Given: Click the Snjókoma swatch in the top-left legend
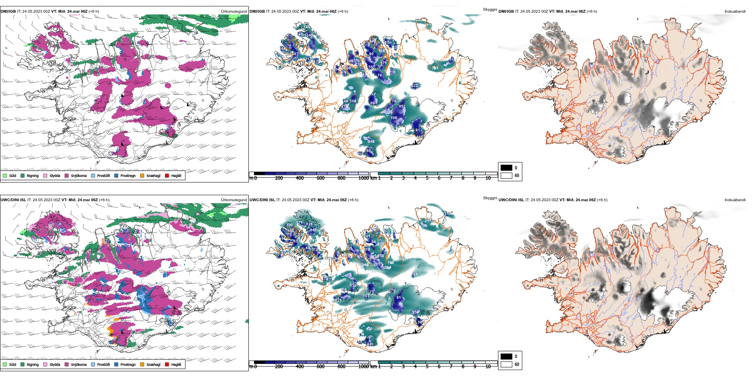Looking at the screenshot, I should pos(67,175).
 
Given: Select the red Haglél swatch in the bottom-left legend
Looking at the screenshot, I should pos(167,364).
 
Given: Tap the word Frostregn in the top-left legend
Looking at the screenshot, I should pos(128,176).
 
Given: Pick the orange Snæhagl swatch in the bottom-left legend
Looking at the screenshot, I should pos(142,364).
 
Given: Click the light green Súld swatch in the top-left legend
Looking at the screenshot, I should pos(5,175).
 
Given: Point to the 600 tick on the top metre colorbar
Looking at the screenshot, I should pos(321,178).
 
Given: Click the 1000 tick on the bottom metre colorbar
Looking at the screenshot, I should pos(364,367).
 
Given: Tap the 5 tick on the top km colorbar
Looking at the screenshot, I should pos(427,178).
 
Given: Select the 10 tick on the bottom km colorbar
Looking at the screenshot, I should pos(488,367).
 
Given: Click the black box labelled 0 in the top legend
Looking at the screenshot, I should pos(506,167).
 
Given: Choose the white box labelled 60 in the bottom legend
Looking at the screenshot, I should pos(506,364).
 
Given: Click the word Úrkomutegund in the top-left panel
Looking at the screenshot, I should pos(234,12).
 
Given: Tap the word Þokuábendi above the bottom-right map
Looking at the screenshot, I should pos(735,200).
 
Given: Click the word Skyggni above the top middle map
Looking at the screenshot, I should pos(490,10).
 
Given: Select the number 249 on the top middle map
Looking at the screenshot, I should pos(371,141).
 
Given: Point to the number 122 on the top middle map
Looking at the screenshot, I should pos(415,86).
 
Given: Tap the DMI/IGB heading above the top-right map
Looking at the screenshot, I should pos(506,12).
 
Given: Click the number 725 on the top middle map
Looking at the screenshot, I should pos(435,68).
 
